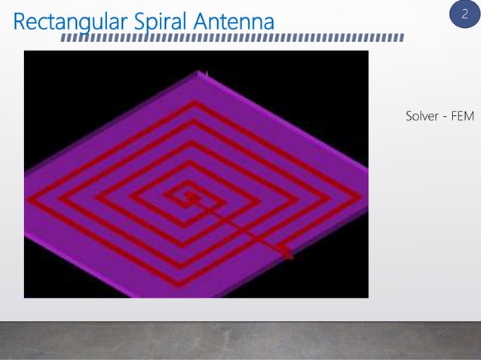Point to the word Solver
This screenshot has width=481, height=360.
pyautogui.click(x=423, y=117)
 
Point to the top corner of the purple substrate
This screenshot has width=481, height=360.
pyautogui.click(x=201, y=72)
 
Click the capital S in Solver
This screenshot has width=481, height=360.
pyautogui.click(x=409, y=117)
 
